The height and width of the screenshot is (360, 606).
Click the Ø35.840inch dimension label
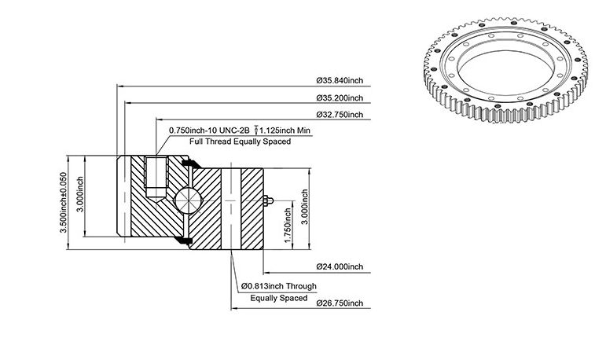coord(340,80)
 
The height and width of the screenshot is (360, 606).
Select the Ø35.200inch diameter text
coord(340,97)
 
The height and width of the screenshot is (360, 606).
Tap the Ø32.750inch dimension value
coord(340,115)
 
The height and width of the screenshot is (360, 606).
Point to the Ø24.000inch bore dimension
coord(340,266)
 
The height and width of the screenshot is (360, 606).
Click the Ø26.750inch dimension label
coord(340,303)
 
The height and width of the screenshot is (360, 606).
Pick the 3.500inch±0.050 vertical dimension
coord(64,202)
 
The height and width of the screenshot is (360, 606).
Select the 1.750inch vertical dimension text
coord(288,226)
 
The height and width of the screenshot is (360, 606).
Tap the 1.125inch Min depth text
coord(285,130)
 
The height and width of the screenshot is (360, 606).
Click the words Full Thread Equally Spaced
coord(240,141)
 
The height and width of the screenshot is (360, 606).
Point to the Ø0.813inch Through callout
coord(279,286)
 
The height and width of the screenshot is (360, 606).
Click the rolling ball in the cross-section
coord(188,200)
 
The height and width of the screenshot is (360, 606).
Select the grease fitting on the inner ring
coord(269,200)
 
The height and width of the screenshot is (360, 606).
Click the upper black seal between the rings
coord(191,163)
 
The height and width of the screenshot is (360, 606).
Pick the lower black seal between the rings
coord(183,240)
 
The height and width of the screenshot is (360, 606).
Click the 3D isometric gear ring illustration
coord(506,70)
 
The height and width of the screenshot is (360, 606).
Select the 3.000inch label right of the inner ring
coord(305,207)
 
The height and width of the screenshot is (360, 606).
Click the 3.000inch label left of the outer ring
coord(80,194)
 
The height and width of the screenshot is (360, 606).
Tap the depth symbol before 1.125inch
coord(256,130)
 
